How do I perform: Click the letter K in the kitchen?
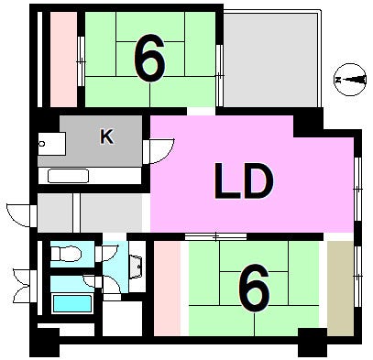pos(107,136)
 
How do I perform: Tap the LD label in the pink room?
pos(244,181)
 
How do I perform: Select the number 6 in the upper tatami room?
pos(149,58)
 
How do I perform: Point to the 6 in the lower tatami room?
pos(254,288)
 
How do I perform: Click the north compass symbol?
pos(350,80)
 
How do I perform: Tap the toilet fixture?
pos(66,254)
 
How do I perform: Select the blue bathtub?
pos(72,303)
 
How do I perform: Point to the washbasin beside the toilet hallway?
pos(136,267)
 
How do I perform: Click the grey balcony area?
pos(270,60)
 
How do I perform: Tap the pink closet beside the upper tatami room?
pos(63,60)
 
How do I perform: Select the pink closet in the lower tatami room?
pos(167,289)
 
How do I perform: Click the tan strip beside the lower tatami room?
pos(340,289)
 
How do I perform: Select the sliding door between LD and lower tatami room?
pos(216,236)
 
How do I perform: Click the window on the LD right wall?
pos(357,190)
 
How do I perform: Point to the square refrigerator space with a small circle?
pos(51,144)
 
